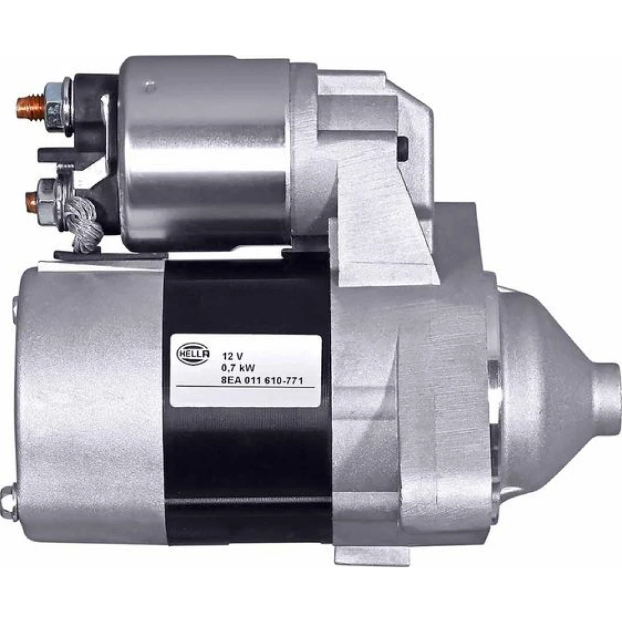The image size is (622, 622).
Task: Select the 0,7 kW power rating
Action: pos(238,368)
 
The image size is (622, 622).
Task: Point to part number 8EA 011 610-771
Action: pos(262,381)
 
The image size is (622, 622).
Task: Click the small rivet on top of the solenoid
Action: pos(149,86)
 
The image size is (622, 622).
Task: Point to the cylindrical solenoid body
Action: pos(204,153)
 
